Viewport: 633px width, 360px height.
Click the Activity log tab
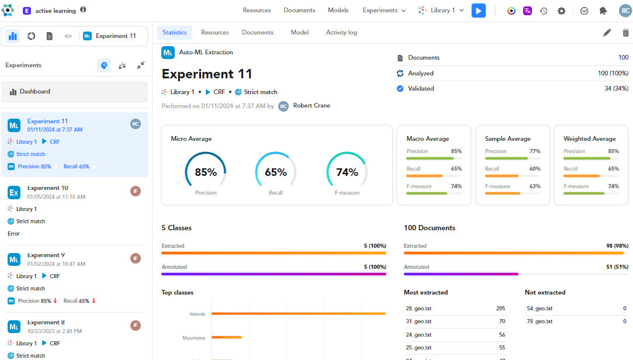[341, 33]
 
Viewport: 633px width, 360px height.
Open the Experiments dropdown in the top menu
[384, 11]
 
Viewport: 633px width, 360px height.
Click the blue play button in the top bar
[479, 11]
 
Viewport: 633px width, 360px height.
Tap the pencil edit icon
[607, 33]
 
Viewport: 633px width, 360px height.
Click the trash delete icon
[625, 33]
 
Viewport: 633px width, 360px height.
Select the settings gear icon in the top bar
[561, 11]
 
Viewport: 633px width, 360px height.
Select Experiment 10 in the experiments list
[48, 188]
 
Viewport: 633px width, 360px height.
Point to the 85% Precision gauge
[206, 172]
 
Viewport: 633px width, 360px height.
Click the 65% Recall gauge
[276, 172]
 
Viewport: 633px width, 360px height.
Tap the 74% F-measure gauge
[347, 172]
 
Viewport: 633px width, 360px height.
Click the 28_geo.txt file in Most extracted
[418, 309]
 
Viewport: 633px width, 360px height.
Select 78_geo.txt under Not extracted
[539, 321]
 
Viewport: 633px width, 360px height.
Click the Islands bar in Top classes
[298, 314]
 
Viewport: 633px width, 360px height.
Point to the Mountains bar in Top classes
[227, 337]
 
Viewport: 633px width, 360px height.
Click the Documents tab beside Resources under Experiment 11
[258, 33]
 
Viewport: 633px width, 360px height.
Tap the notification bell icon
[603, 11]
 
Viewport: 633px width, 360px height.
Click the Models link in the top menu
[338, 11]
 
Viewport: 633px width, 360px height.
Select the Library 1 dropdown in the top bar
[441, 11]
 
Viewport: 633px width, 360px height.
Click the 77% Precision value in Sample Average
[534, 151]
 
